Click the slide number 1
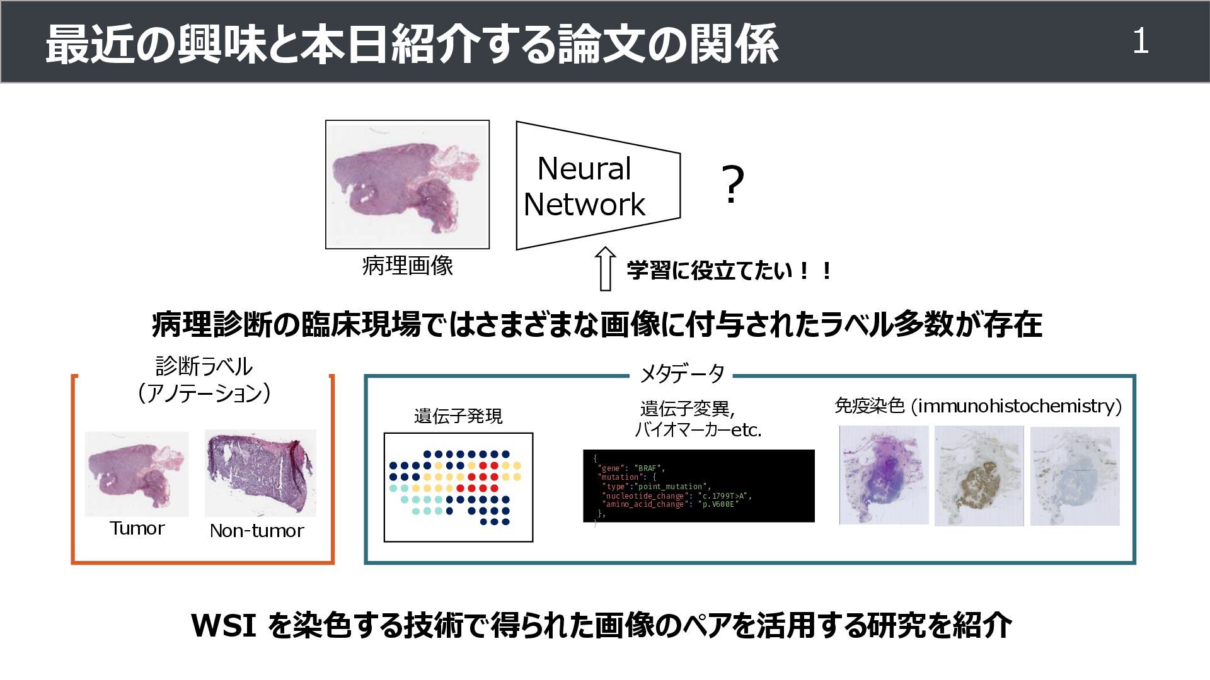click(1140, 42)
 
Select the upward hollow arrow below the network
click(605, 269)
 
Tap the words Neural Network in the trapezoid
click(584, 186)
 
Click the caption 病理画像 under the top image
click(408, 266)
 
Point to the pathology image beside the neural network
click(407, 184)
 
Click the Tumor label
click(137, 528)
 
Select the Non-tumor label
click(256, 531)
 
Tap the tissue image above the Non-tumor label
click(260, 473)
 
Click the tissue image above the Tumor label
click(137, 473)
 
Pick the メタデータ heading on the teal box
click(682, 375)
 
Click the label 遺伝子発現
click(458, 416)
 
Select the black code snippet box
click(698, 485)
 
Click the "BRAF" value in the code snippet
click(648, 468)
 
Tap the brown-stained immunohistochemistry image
click(979, 476)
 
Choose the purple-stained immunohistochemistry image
click(884, 475)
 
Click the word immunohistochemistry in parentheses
click(1017, 406)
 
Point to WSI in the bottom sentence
click(224, 625)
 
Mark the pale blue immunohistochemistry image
click(1075, 476)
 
